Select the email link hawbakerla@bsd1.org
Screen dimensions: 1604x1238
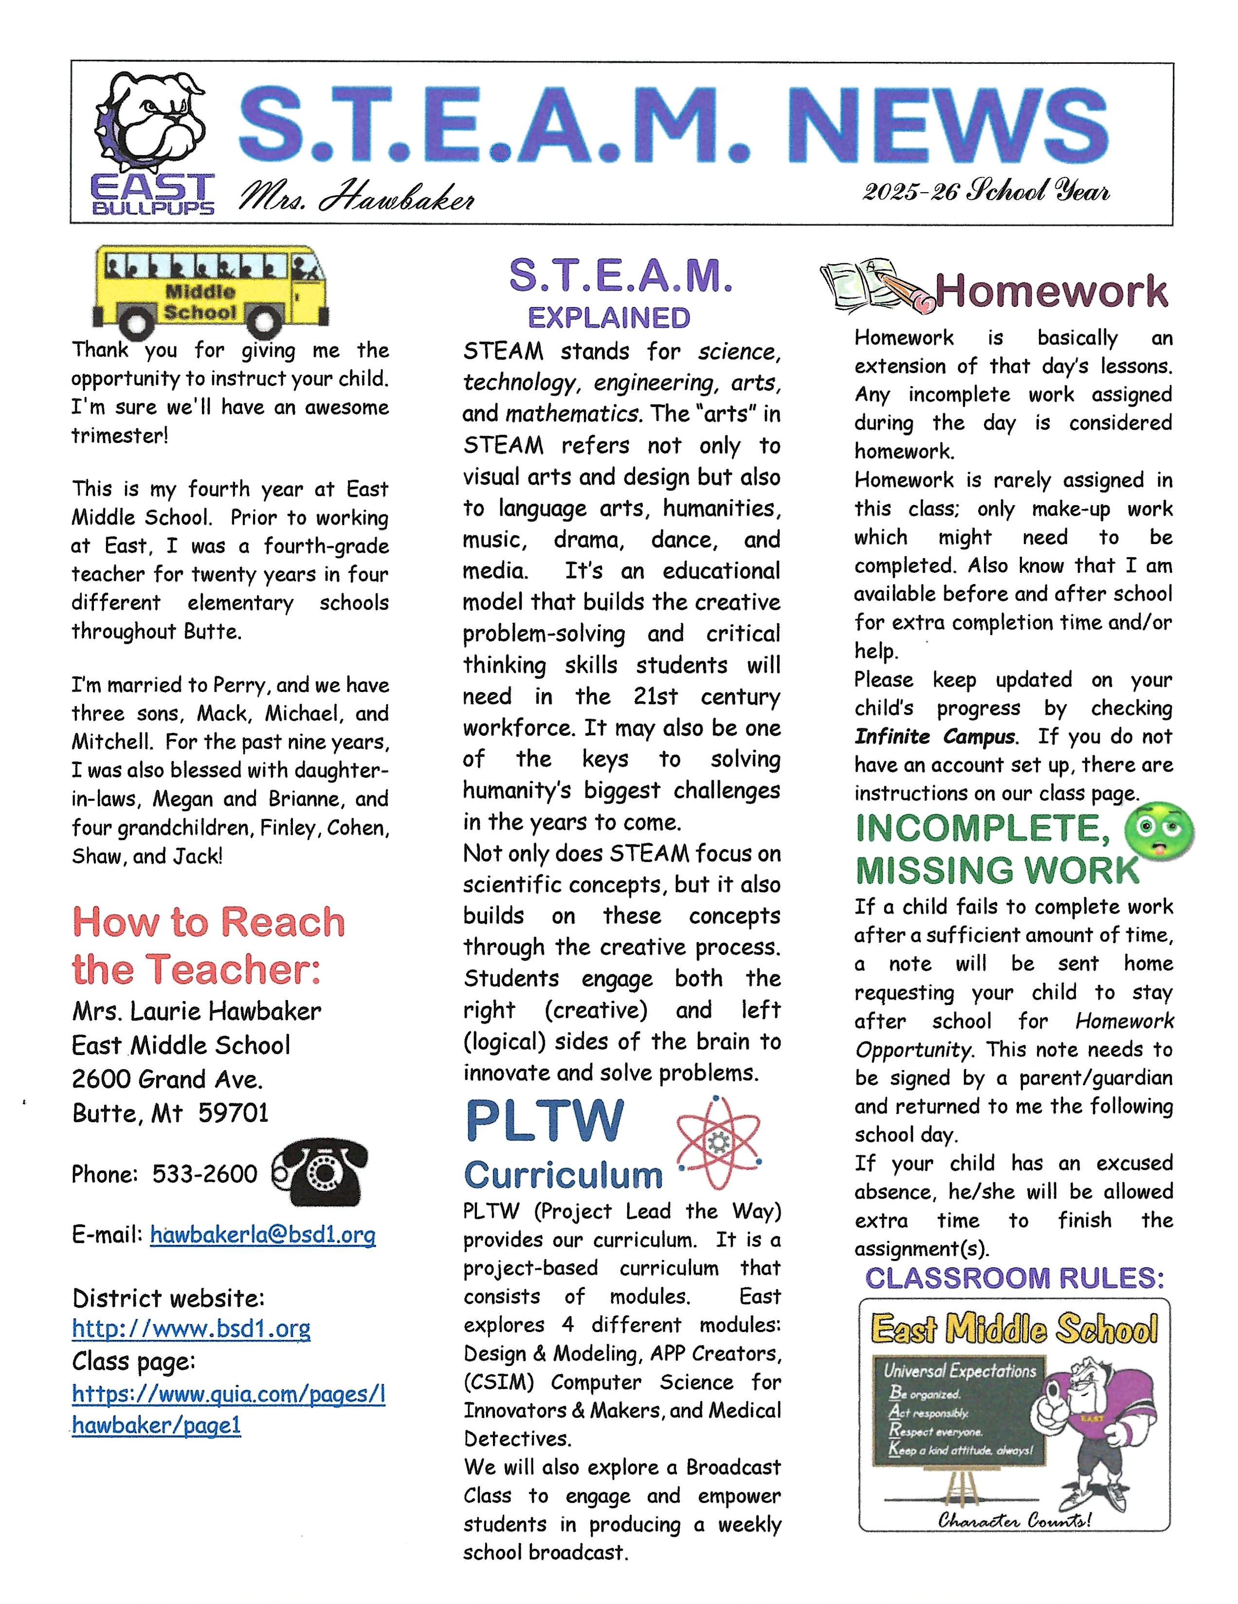point(262,1235)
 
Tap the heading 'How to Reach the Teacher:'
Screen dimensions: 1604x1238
point(207,946)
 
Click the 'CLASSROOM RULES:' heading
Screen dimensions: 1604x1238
point(1014,1278)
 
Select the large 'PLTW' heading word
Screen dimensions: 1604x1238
point(545,1121)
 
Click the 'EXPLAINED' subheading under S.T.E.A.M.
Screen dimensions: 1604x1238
point(609,318)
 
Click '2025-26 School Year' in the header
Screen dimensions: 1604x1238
point(985,192)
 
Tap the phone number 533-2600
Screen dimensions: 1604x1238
point(205,1174)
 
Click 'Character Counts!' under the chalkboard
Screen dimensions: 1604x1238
point(1014,1519)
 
